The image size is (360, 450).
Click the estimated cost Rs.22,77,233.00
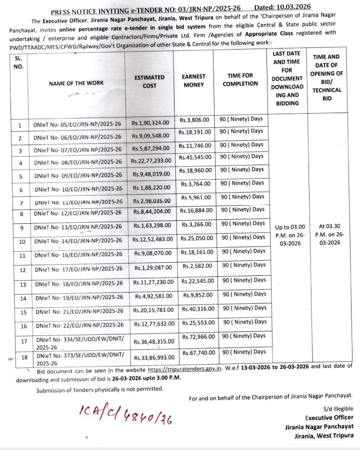151,161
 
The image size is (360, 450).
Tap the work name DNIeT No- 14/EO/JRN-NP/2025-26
78,241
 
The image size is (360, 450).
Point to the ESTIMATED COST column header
149,82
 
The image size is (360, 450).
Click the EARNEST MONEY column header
193,81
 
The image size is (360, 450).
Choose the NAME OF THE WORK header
76,84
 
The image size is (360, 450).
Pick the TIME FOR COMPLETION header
240,80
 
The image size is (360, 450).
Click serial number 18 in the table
23,357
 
